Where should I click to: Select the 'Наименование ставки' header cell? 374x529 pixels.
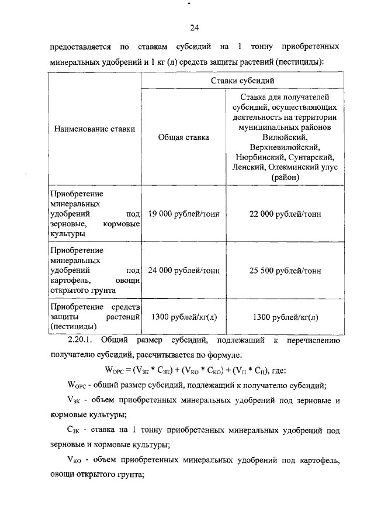pos(94,129)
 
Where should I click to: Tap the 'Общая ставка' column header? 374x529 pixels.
pos(183,138)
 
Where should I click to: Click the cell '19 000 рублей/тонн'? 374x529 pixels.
pos(183,214)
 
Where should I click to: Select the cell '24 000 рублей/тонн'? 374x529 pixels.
pos(183,271)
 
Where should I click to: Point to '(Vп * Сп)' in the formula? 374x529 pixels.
pos(252,369)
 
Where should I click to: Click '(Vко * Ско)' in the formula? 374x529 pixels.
pos(205,369)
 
